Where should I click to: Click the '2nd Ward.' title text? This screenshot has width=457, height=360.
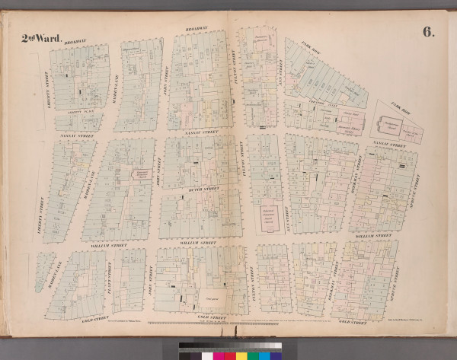click(38, 39)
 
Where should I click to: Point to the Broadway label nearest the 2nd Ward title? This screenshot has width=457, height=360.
click(74, 43)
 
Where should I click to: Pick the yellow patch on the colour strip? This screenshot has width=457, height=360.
click(241, 355)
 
